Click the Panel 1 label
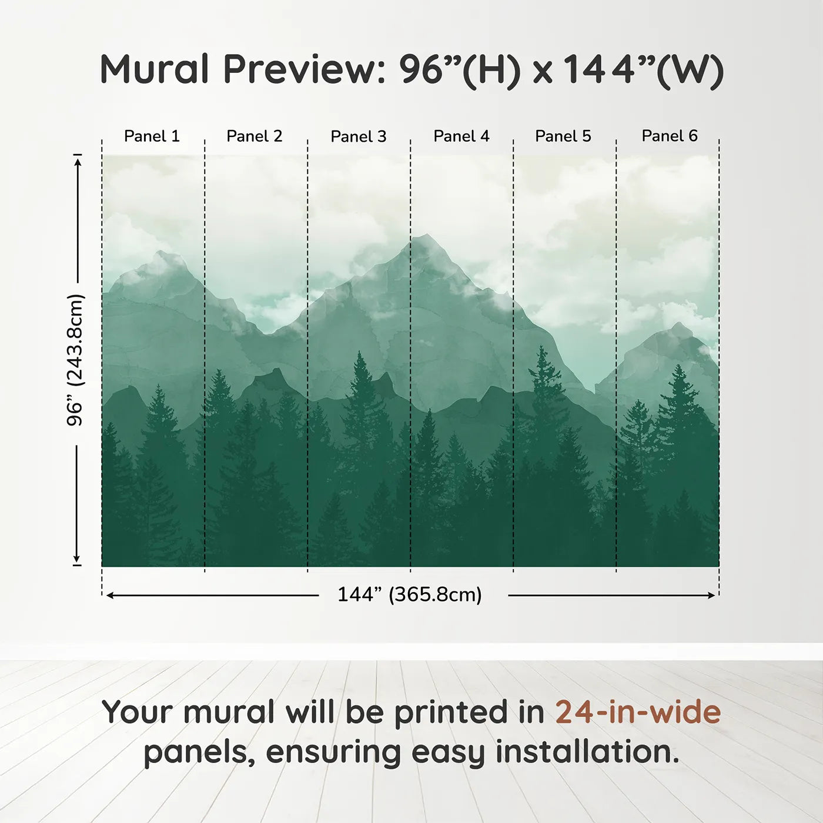coord(152,136)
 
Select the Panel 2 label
coord(255,136)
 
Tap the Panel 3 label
coord(359,136)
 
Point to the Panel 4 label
coord(461,136)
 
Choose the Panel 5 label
coord(563,136)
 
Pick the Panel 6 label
coord(670,136)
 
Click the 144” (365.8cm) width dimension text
coord(410,594)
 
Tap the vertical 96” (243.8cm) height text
coord(75,360)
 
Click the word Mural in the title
coord(155,69)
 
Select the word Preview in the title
coord(305,69)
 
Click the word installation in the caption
coord(588,752)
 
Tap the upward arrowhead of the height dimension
coord(77,162)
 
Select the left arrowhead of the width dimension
coord(110,595)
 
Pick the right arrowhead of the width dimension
coord(711,595)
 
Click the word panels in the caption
coord(196,752)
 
